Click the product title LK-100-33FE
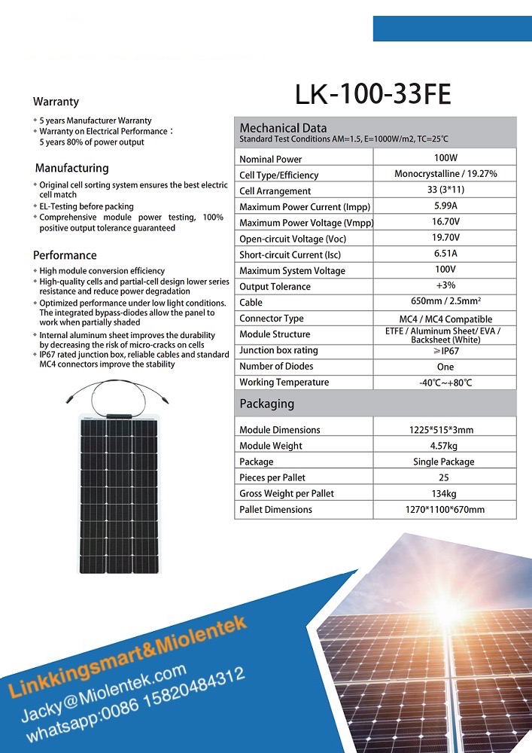click(x=373, y=95)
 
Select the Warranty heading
click(x=56, y=102)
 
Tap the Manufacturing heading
click(x=72, y=168)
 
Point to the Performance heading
click(x=65, y=255)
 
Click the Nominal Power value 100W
click(x=445, y=158)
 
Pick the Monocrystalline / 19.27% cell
click(x=445, y=174)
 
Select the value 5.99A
click(x=445, y=206)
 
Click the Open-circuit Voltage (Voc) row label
click(x=292, y=239)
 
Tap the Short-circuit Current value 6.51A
click(x=445, y=254)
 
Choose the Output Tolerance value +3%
click(x=445, y=285)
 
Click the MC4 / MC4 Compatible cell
click(x=445, y=319)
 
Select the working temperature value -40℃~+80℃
click(x=445, y=383)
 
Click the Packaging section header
click(x=266, y=404)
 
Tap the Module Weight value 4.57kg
click(x=445, y=446)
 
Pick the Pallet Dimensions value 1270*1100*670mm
click(x=445, y=510)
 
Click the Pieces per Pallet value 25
click(x=445, y=477)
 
